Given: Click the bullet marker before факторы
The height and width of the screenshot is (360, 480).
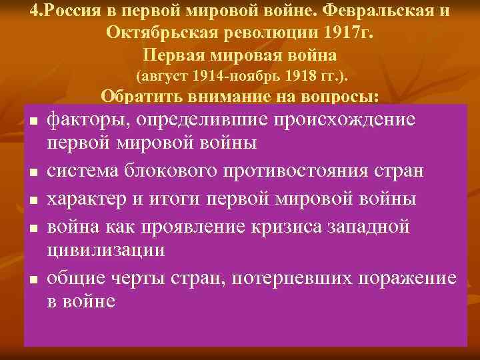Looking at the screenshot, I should point(32,122).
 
